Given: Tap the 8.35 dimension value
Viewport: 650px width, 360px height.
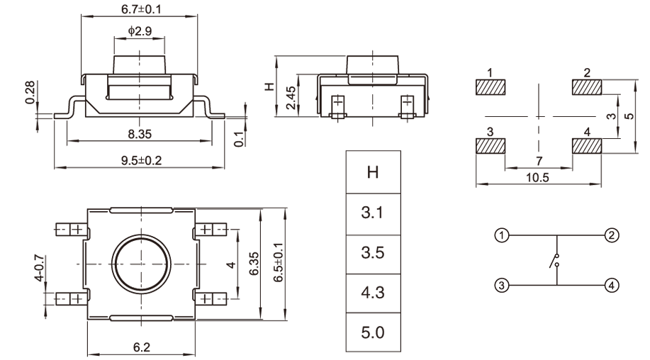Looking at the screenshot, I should coord(140,133).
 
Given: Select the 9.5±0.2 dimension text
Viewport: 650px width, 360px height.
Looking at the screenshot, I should coord(140,160).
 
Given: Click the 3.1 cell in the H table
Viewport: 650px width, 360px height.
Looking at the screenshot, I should coord(372,212).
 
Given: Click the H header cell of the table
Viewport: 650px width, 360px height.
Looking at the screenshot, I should coord(372,171).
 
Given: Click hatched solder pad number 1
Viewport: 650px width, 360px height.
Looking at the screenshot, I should coord(491,88).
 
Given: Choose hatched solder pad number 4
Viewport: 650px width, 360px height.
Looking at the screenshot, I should coord(586,147).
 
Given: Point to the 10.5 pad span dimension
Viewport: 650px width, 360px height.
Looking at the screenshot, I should coord(539,178).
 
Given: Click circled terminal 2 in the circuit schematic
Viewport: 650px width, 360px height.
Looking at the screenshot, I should coord(612,235).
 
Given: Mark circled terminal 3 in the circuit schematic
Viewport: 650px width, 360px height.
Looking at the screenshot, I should coord(501,286).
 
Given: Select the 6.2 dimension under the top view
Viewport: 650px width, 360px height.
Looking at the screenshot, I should coord(140,348).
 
